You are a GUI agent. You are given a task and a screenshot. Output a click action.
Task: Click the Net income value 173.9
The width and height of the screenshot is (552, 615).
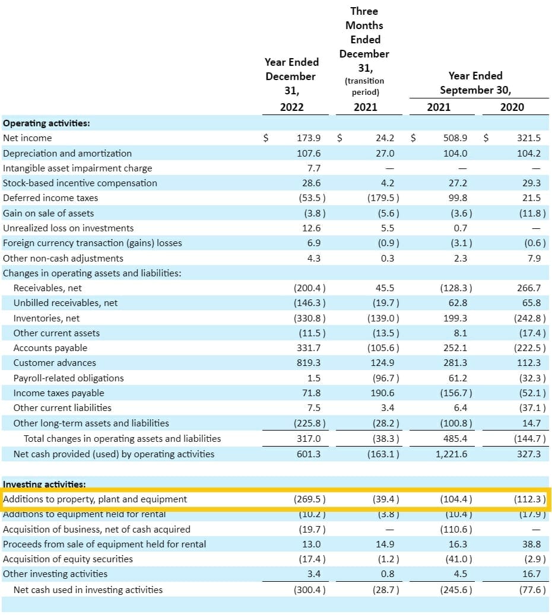(309, 138)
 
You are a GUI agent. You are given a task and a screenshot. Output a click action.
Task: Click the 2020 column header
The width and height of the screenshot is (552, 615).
(512, 107)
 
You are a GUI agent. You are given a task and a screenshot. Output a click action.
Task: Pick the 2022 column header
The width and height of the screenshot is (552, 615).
(291, 107)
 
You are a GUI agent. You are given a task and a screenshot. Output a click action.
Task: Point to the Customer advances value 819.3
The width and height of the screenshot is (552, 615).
(309, 363)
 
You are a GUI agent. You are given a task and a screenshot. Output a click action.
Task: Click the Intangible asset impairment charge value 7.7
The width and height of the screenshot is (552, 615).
(314, 168)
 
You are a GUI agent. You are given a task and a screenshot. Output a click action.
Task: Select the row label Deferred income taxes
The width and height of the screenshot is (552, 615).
(50, 198)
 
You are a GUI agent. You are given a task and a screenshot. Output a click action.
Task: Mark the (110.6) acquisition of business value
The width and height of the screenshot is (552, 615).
(456, 529)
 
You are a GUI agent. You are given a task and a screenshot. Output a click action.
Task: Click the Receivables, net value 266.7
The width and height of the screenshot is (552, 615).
(529, 288)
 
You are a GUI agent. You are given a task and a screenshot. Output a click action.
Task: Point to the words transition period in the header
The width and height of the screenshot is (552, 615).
(364, 86)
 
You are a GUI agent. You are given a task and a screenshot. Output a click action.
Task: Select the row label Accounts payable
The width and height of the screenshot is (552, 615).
(50, 348)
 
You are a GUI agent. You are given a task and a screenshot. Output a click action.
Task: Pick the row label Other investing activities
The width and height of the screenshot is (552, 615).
(55, 574)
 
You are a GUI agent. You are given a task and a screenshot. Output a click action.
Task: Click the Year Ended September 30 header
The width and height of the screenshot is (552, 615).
(475, 83)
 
